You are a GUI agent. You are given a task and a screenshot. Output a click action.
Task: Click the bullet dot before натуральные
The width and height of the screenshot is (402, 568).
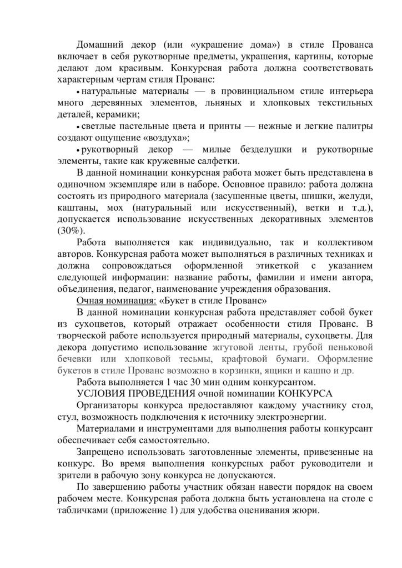pyautogui.click(x=78, y=91)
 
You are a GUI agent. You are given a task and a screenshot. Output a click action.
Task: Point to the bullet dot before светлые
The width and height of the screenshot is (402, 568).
pyautogui.click(x=78, y=126)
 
